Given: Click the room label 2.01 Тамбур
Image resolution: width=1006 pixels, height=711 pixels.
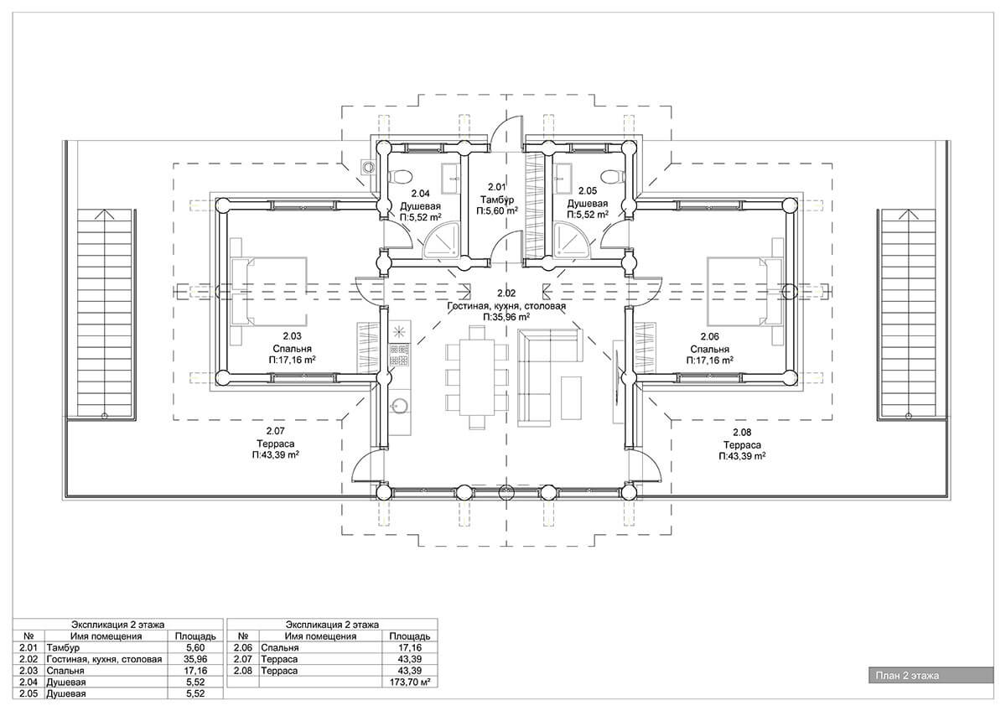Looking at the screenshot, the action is coord(496,199).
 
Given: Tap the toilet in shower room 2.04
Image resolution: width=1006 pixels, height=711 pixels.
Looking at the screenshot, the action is coord(400,177).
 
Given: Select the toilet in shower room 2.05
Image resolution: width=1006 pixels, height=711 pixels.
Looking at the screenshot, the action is coord(612,177).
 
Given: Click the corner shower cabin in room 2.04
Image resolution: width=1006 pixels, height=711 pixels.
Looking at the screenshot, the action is coord(442,241).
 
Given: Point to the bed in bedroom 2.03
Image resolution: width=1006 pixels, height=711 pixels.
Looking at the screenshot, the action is coord(269,291).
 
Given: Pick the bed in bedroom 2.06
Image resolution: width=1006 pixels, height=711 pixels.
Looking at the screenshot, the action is coord(744,291).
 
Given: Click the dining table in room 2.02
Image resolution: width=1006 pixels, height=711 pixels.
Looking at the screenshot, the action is coord(477,376).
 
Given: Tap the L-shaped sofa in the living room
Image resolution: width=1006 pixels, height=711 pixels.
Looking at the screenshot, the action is coord(550,376).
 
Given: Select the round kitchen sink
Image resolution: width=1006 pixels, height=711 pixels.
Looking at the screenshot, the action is coord(399,406).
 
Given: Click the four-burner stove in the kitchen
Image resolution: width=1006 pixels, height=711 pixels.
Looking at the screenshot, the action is coord(399,355).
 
